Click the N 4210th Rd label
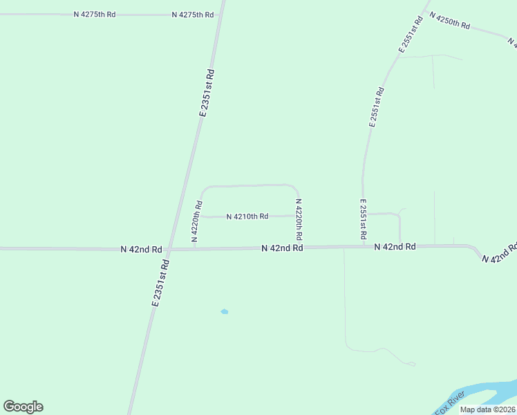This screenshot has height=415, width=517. (247, 216)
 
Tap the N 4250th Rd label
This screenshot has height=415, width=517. (449, 20)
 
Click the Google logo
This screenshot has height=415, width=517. (23, 407)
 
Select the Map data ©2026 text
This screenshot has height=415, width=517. (487, 409)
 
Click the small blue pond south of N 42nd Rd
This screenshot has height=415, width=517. (224, 312)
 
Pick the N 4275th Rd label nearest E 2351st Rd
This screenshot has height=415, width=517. (193, 14)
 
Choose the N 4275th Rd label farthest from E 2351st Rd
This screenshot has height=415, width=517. (95, 14)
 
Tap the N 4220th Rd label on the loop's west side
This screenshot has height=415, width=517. (197, 219)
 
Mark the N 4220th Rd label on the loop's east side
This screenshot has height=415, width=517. (299, 219)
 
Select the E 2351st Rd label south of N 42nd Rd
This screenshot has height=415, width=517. (160, 282)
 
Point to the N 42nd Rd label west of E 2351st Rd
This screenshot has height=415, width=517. (141, 249)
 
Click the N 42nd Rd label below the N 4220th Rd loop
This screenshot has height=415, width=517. (282, 248)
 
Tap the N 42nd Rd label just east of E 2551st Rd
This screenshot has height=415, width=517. (395, 246)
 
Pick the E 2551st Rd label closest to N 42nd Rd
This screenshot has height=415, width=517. (363, 220)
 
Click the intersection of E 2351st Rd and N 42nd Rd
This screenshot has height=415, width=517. (171, 249)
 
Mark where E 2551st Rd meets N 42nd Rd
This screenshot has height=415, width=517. (363, 246)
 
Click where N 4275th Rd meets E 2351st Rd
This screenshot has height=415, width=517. (220, 14)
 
